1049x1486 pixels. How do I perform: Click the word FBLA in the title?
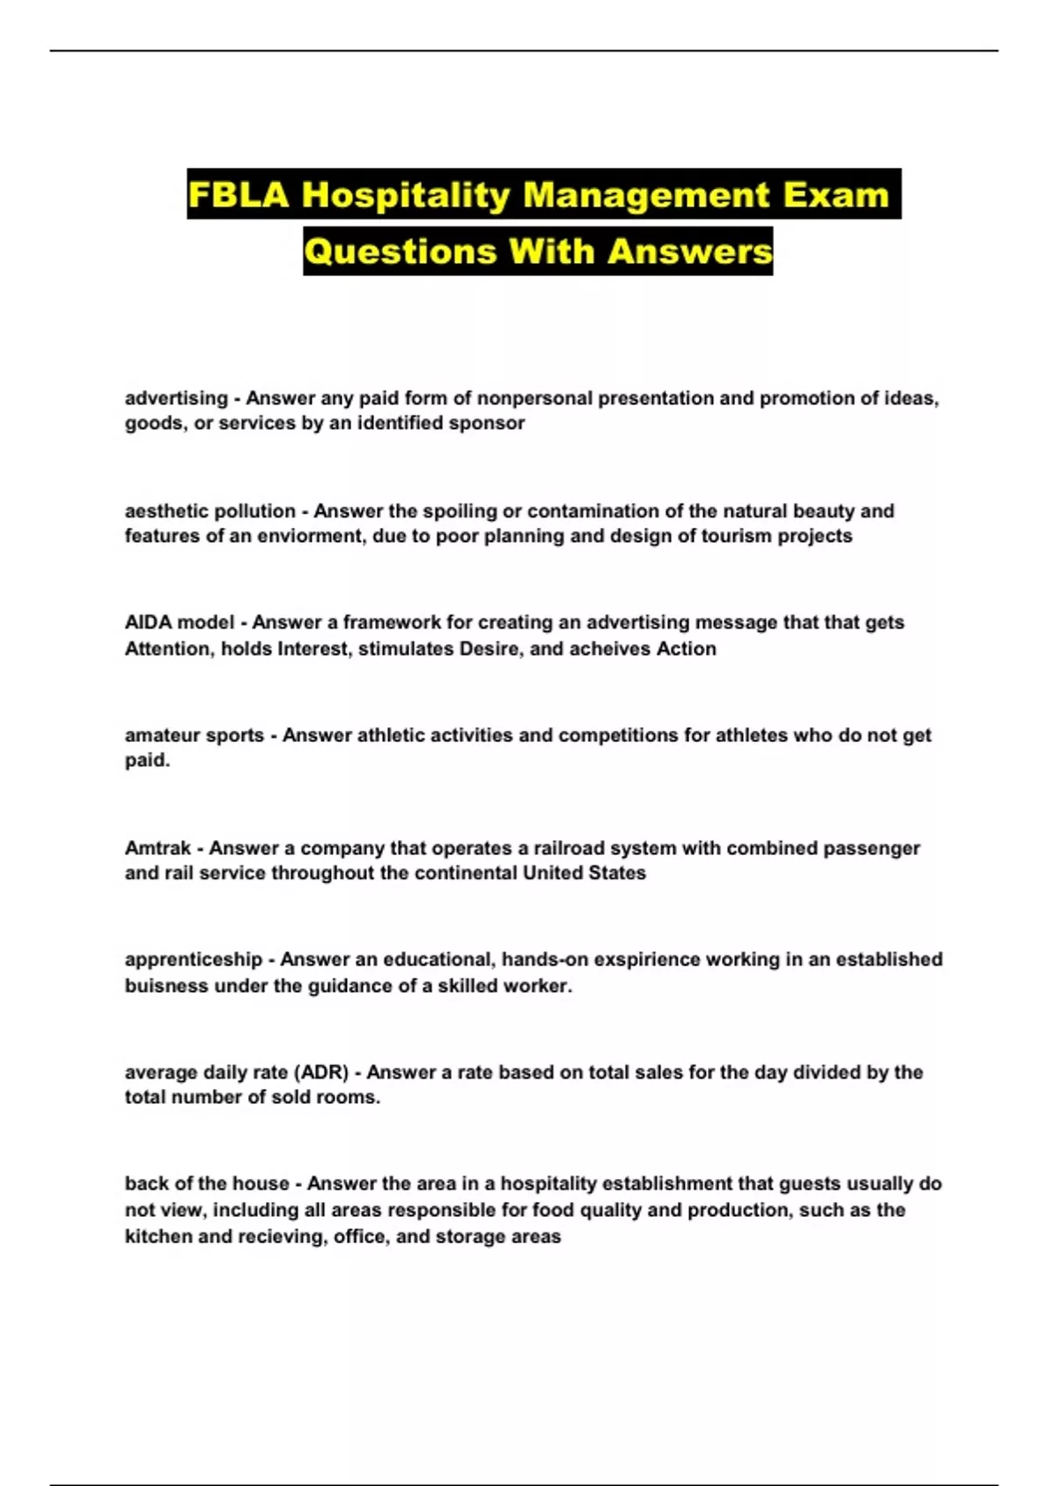pyautogui.click(x=238, y=194)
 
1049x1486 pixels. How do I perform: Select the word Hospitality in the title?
pyautogui.click(x=406, y=194)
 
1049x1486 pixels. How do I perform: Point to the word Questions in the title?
pyautogui.click(x=401, y=252)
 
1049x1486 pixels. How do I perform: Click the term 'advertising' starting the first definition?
pyautogui.click(x=176, y=399)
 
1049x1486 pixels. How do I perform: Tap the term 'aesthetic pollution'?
pyautogui.click(x=210, y=510)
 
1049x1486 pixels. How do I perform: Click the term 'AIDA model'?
pyautogui.click(x=179, y=622)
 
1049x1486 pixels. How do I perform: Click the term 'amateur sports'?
pyautogui.click(x=194, y=735)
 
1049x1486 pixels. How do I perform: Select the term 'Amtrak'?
pyautogui.click(x=157, y=848)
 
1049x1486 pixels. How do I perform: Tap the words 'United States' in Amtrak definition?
pyautogui.click(x=584, y=873)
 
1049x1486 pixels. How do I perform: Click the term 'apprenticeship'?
pyautogui.click(x=193, y=960)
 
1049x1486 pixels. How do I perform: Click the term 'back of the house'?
pyautogui.click(x=206, y=1184)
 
